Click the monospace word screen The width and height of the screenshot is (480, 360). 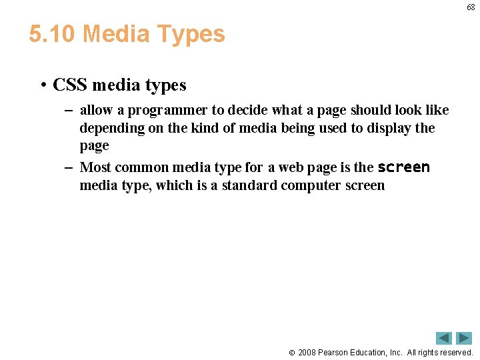(x=403, y=167)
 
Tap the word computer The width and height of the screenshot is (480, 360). (x=311, y=185)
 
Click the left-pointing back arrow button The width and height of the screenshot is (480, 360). (x=444, y=338)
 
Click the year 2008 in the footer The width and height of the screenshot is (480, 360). (x=307, y=352)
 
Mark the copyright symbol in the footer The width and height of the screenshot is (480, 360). (x=291, y=353)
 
